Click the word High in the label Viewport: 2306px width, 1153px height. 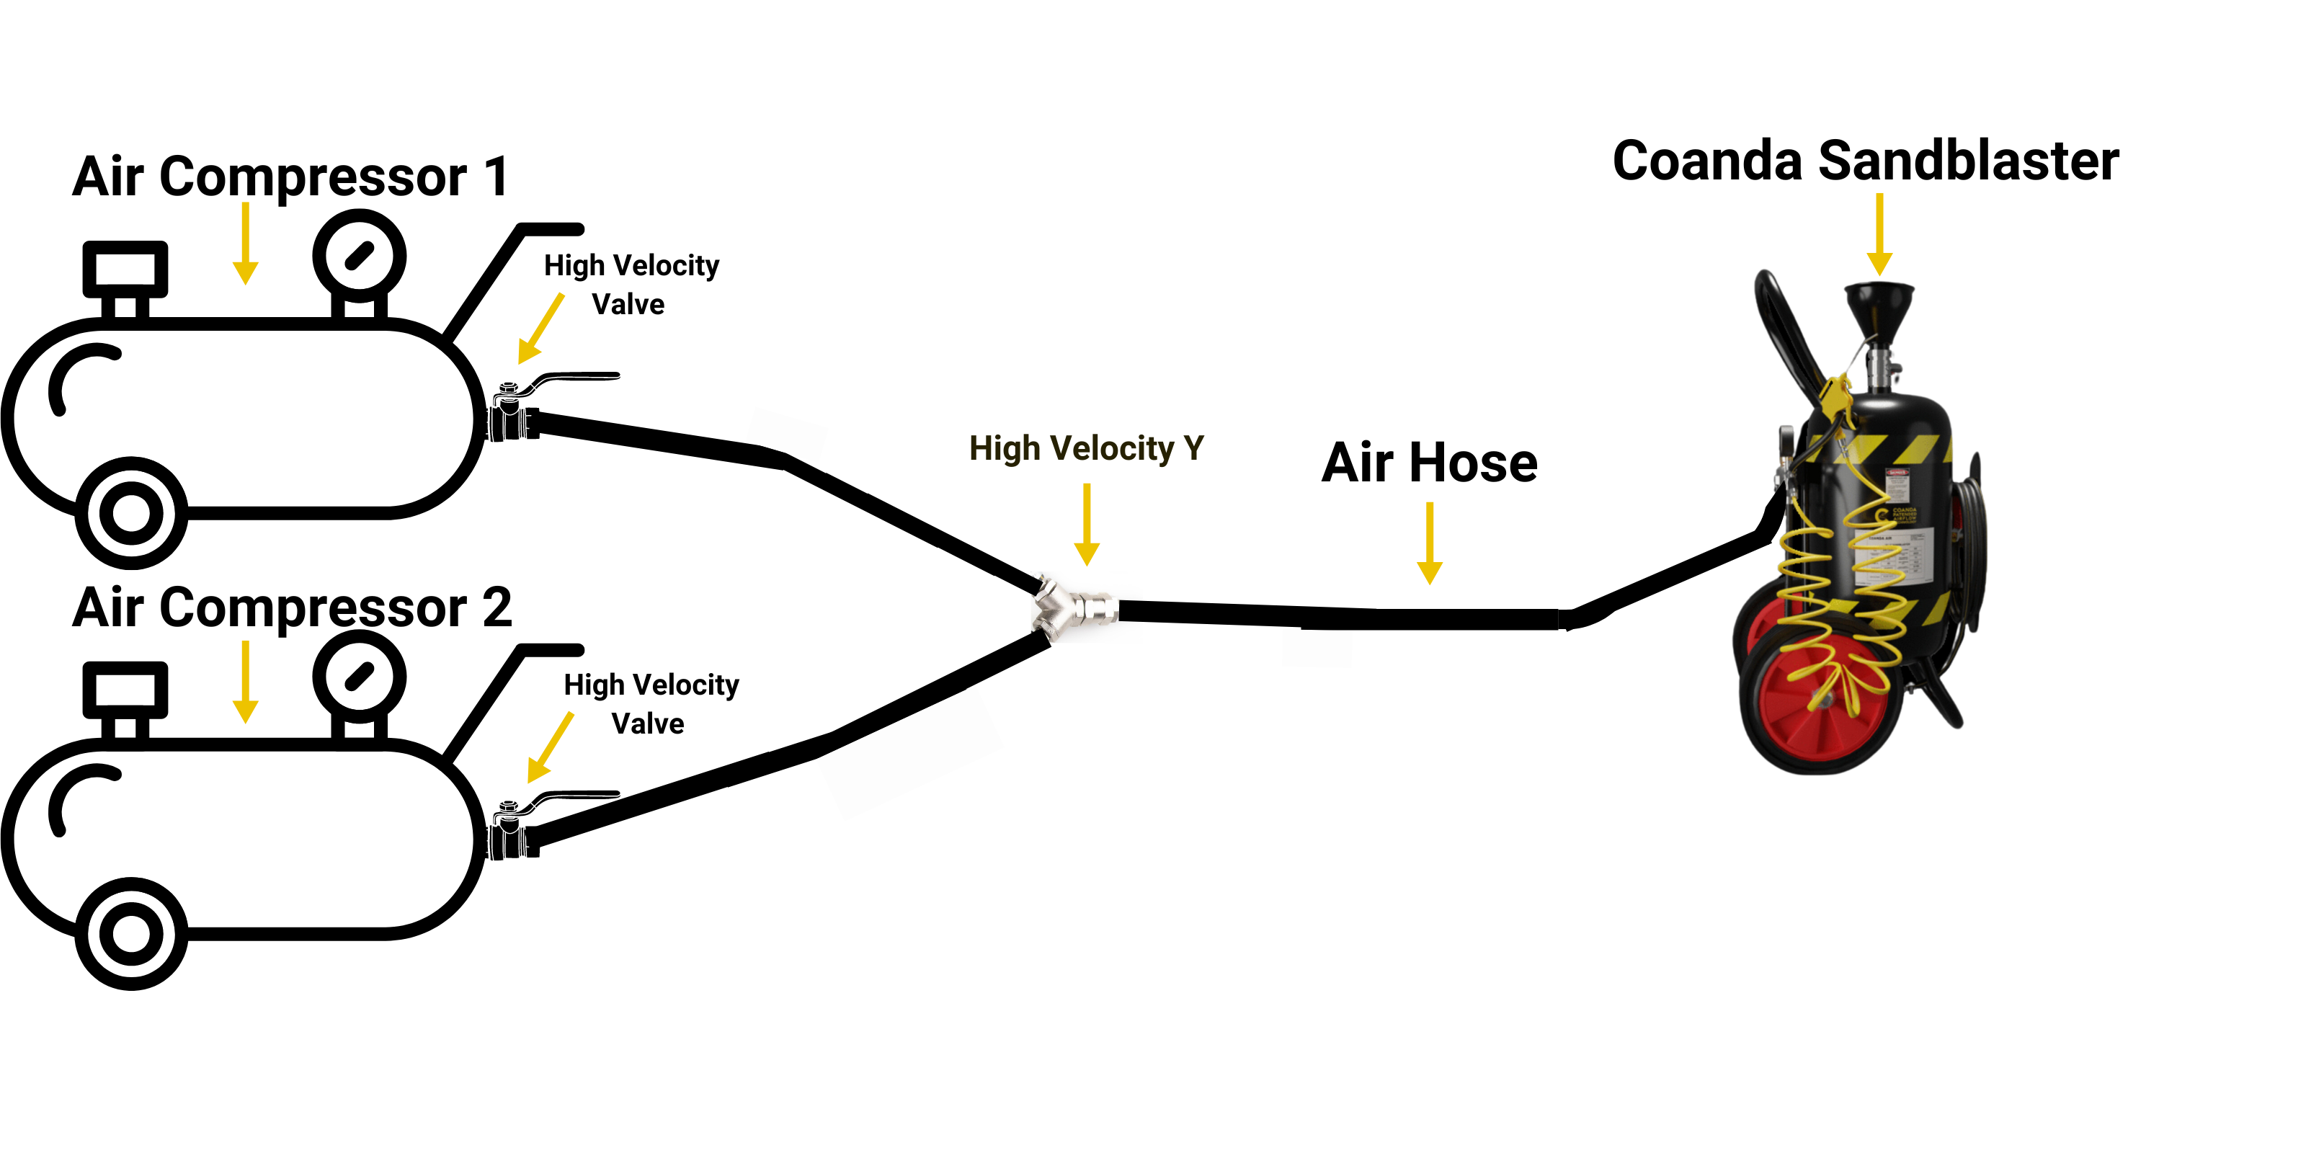[1004, 448]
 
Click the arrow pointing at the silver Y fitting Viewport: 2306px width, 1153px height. [1087, 525]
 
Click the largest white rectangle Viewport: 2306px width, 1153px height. [909, 753]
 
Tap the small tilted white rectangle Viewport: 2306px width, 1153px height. [787, 434]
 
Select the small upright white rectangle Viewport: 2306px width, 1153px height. [1317, 648]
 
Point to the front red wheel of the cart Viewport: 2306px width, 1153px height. [1822, 707]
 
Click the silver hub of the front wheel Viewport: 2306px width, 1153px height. [1822, 699]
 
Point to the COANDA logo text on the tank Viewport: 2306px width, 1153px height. [1904, 516]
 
